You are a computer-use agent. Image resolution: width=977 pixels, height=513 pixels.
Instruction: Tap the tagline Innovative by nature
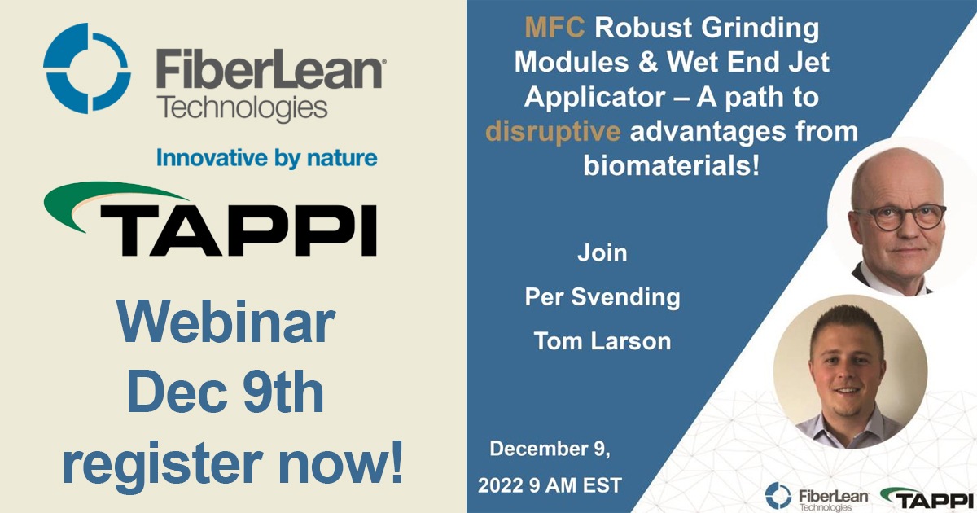coord(266,157)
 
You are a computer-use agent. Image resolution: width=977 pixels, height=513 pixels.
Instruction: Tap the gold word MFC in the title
coord(554,28)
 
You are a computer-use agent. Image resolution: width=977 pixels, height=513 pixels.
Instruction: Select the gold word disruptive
coord(554,130)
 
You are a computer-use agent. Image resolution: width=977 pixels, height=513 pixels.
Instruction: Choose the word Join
coord(602,252)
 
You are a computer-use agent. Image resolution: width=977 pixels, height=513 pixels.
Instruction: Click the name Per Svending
coord(602,297)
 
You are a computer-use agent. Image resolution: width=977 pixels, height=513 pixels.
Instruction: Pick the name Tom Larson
coord(602,340)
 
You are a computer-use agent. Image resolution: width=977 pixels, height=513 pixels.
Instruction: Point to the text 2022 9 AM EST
coord(550,485)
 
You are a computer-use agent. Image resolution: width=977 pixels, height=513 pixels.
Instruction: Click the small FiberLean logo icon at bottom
coord(778,495)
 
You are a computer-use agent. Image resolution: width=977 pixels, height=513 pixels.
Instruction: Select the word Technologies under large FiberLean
coord(243,107)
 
